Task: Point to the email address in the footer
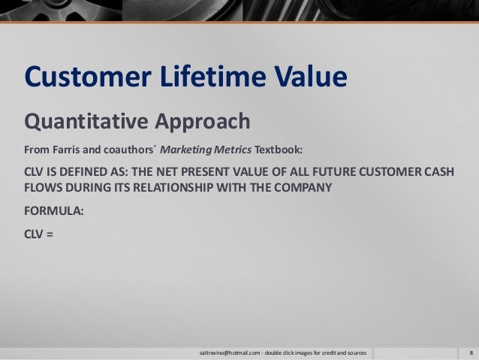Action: pos(228,352)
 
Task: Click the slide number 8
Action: pos(469,352)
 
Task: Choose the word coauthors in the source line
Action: pos(129,147)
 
